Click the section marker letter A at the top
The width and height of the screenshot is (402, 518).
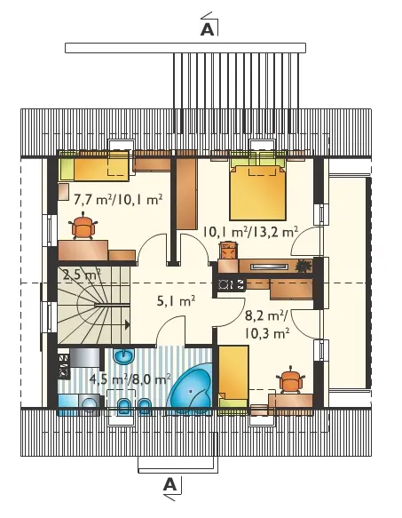207,29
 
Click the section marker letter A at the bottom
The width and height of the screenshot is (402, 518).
170,484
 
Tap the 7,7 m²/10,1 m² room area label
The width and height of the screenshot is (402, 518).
118,200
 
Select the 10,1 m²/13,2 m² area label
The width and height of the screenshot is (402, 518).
250,232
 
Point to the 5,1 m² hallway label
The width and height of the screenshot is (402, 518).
176,301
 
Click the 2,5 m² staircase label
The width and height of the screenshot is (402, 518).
82,275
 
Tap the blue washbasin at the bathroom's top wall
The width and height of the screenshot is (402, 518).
123,356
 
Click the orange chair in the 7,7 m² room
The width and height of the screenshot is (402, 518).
83,227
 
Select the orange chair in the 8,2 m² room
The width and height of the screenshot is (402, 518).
291,380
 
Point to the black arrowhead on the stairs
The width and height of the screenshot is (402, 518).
128,325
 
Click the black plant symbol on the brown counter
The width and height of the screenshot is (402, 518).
303,266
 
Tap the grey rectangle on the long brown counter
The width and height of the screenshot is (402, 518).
268,267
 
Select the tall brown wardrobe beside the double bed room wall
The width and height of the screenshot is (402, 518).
186,194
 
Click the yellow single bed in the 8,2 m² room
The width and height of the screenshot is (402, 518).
233,376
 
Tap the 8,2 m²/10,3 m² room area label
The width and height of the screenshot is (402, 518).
267,324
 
